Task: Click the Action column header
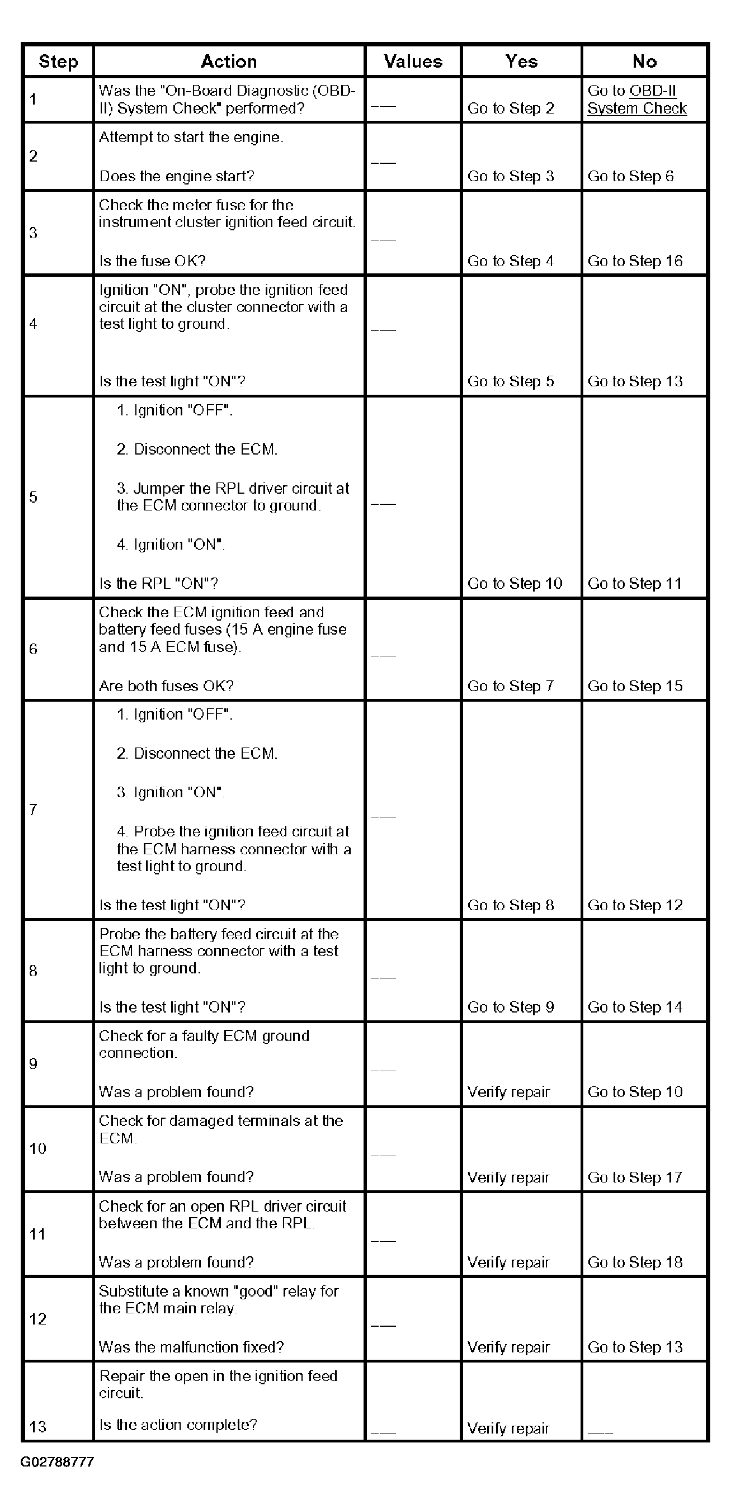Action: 229,62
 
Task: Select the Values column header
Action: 413,62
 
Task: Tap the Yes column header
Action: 521,62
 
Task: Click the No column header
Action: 644,62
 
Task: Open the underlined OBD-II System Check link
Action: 636,100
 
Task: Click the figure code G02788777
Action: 57,1461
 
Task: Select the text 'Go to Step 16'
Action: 635,261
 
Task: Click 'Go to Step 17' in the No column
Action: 635,1177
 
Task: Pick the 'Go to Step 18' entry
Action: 635,1262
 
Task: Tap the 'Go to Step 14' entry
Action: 635,1007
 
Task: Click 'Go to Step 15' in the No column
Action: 635,686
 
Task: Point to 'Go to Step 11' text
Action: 634,584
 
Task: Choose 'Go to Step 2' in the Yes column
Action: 510,109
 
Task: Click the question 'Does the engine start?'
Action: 176,176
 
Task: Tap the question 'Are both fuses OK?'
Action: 166,686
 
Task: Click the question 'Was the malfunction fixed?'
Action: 191,1347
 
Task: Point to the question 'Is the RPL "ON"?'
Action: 158,584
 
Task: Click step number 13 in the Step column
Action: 37,1427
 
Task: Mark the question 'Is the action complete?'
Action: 178,1425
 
